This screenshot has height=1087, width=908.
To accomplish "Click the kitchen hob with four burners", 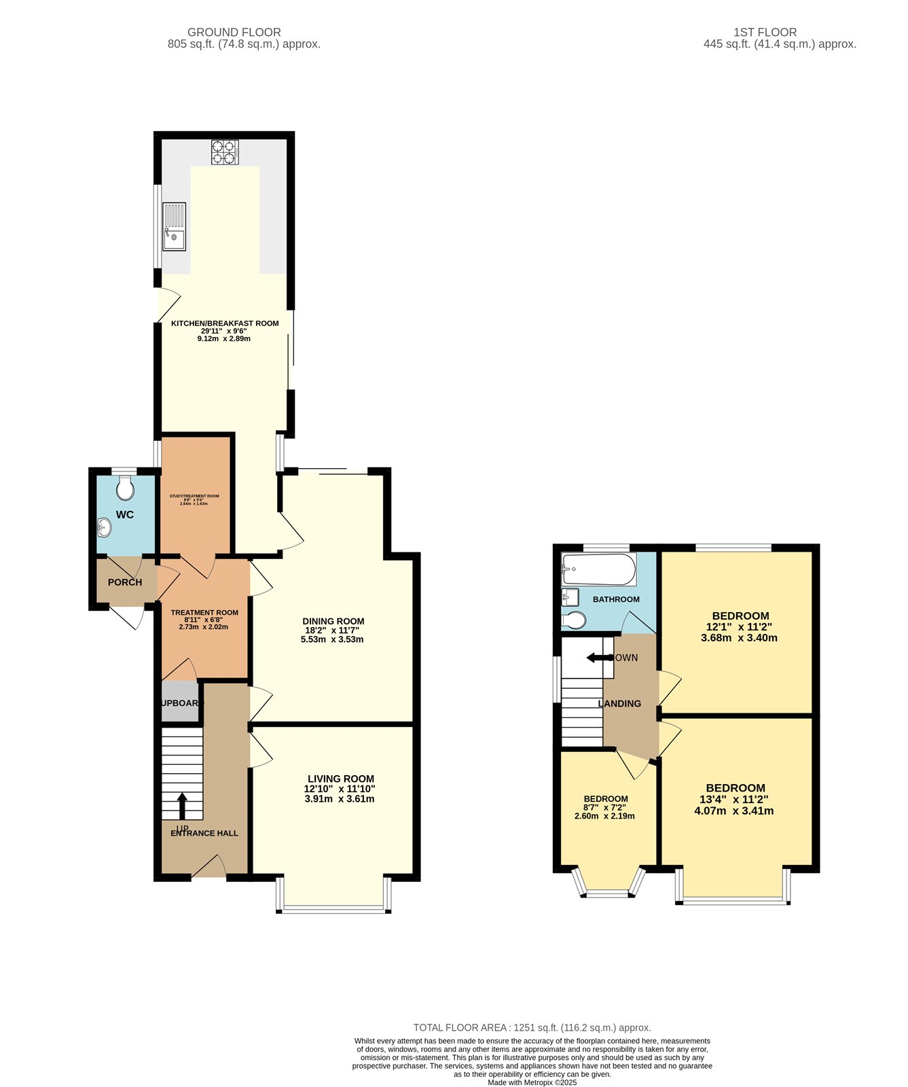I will pos(225,152).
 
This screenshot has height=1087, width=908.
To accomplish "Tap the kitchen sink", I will pos(174,227).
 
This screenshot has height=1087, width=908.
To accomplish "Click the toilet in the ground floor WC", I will pos(124,487).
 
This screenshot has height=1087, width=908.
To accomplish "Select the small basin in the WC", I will pos(104,526).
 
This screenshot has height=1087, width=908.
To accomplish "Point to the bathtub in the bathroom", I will pos(598,569).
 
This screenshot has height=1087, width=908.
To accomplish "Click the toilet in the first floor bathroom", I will pos(575,620).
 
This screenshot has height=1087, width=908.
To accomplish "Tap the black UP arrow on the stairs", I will pos(182,806).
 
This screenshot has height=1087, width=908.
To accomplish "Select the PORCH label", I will pos(125,582).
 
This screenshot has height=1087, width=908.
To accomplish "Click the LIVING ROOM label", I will pos(341,779).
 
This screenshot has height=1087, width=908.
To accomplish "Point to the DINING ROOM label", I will pos(333,621).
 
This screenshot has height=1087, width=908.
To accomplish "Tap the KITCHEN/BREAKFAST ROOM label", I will pos(225,323).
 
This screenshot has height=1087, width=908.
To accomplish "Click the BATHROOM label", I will pos(616,599).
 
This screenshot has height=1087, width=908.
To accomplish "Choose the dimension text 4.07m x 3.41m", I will pos(734,810).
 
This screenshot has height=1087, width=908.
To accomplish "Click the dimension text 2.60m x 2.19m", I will pos(604,816).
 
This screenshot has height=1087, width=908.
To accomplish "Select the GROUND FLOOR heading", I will pos(234,32).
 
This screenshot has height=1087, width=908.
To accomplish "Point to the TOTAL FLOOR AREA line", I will pos(532,1028).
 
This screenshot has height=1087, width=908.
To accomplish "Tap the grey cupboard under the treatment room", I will pos(180,702).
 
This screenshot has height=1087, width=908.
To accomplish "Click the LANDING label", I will pos(619,704).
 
